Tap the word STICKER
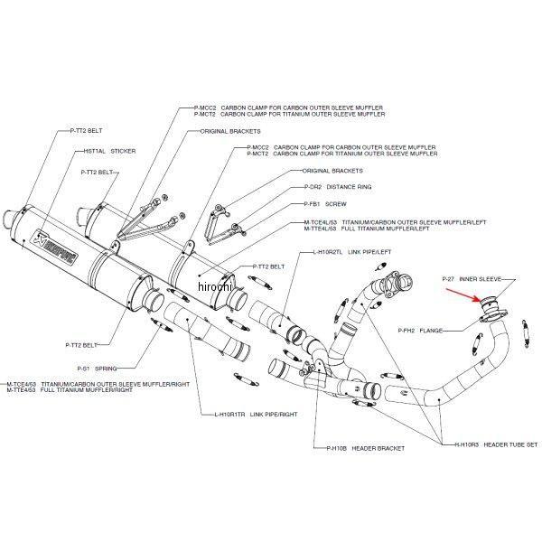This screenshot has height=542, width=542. pos(122,152)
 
